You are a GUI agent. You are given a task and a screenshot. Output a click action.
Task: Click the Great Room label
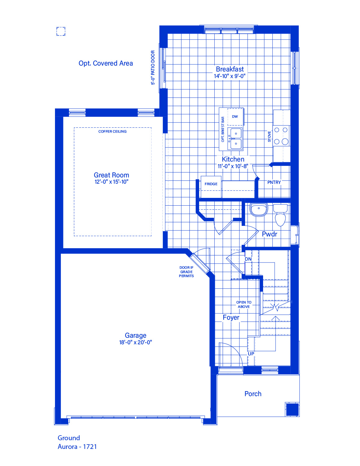click(111, 175)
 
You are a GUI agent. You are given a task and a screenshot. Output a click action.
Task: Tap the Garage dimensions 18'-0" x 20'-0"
click(135, 342)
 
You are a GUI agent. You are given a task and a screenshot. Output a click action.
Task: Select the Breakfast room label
click(230, 69)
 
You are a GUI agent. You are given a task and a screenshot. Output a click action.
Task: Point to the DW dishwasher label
click(235, 116)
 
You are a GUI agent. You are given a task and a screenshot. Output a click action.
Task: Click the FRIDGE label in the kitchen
click(211, 184)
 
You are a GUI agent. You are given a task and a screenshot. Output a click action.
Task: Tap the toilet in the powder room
click(280, 215)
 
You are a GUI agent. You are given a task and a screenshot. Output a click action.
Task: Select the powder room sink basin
click(259, 209)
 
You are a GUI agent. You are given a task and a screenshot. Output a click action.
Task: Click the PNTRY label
click(274, 182)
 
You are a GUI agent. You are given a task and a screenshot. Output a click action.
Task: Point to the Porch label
click(253, 394)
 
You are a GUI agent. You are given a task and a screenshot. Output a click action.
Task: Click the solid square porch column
click(292, 409)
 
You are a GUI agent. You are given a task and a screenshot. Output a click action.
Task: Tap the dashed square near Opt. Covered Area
click(61, 31)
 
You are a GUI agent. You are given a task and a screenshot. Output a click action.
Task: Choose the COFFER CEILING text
click(112, 131)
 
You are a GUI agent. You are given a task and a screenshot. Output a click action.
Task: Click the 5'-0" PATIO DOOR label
click(153, 67)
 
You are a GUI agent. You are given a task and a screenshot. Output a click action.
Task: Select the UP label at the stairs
click(251, 354)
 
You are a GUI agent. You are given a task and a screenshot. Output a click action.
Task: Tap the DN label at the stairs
click(248, 259)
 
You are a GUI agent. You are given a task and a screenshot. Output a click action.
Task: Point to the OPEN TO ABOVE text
click(244, 304)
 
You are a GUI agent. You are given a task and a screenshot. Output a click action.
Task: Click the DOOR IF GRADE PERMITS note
click(186, 272)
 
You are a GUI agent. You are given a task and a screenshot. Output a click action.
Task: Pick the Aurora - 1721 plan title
click(77, 447)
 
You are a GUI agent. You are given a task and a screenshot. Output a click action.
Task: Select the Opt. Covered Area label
click(106, 63)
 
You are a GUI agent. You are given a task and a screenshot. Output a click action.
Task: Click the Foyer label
click(231, 318)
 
